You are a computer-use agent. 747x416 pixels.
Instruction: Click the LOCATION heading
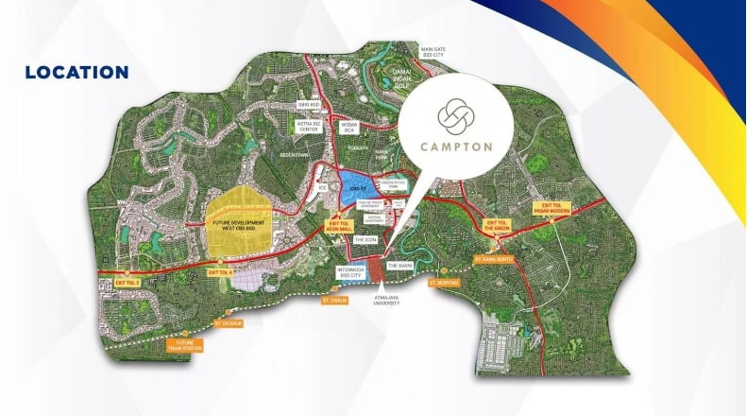click(76, 73)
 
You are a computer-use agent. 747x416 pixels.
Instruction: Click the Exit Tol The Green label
click(498, 225)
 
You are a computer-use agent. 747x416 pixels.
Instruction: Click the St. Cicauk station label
click(229, 323)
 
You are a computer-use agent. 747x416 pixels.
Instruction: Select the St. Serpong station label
click(442, 282)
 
